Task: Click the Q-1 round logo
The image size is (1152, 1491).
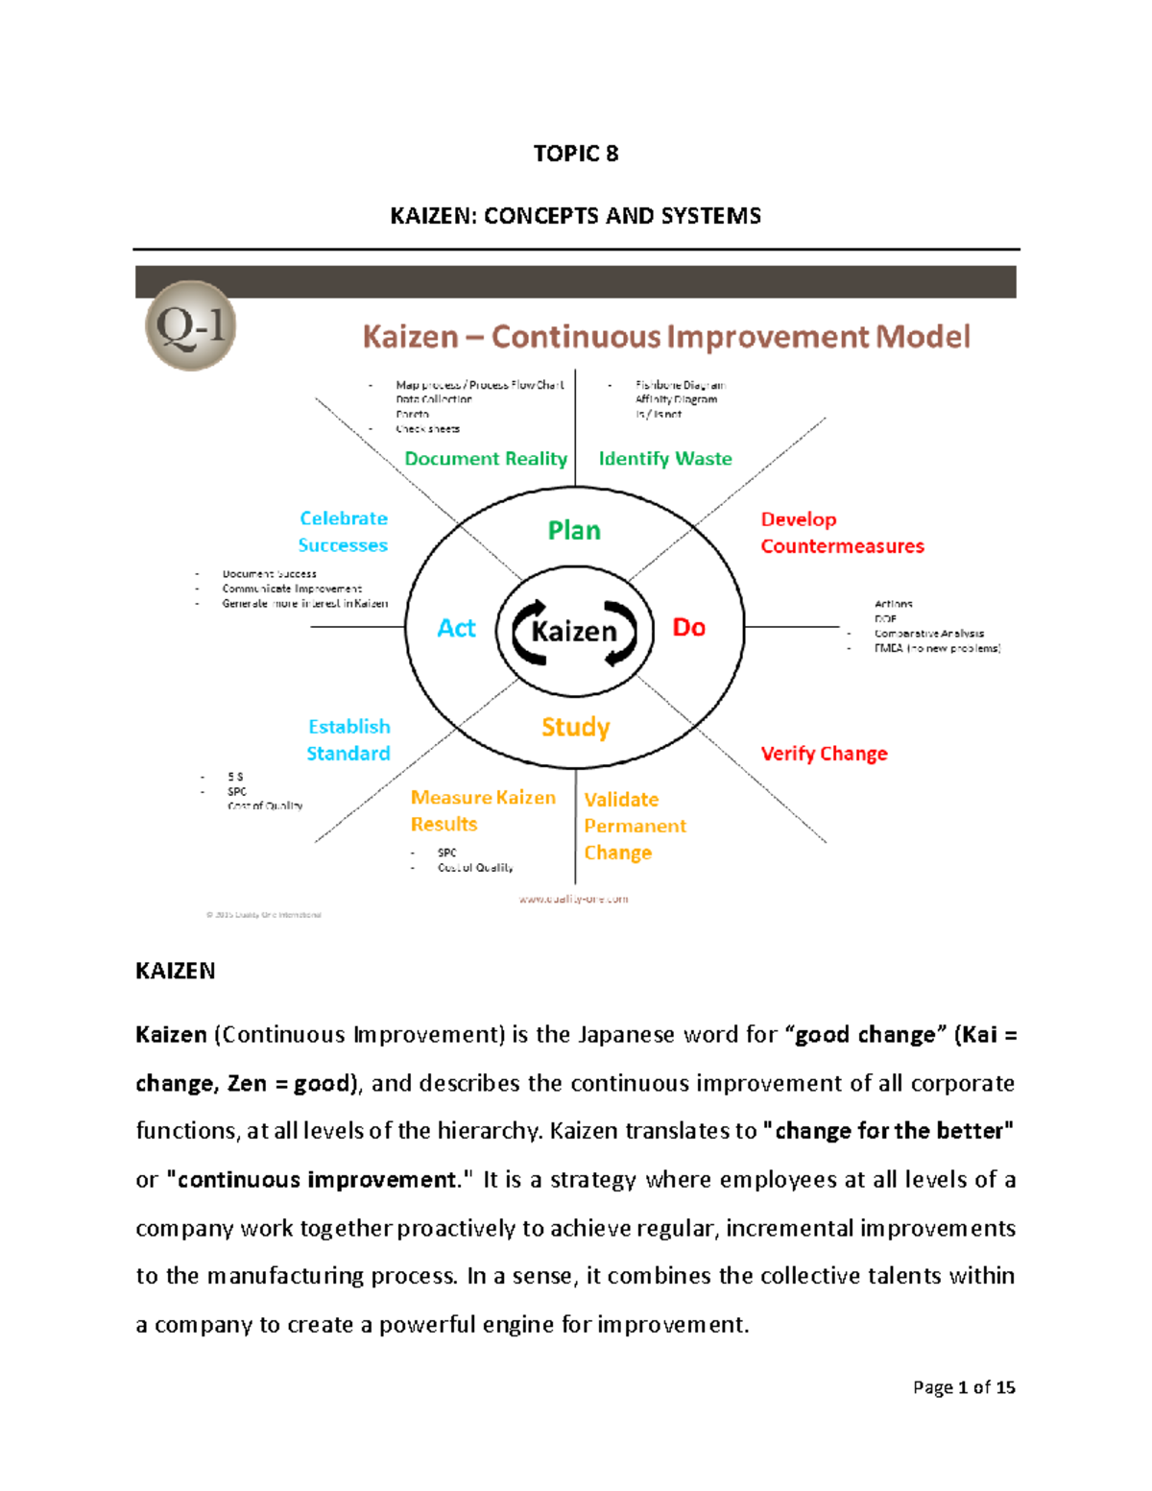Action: pos(190,325)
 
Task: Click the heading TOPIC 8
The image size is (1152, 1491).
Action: pos(575,154)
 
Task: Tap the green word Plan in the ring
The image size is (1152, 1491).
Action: pos(574,530)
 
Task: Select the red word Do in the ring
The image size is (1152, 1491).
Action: pos(688,628)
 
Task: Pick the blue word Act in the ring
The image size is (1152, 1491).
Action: pos(456,628)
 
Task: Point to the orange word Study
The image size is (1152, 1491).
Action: pos(575,727)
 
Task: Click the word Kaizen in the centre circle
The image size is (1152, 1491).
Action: pos(574,631)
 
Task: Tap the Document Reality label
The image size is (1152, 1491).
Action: pos(486,459)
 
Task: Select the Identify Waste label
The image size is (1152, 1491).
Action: pos(665,459)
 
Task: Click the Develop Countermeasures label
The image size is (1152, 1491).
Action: pos(841,533)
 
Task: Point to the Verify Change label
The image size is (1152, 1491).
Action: pos(824,754)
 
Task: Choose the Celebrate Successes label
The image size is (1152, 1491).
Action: pos(344,532)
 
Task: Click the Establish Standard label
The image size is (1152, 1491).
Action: pos(348,740)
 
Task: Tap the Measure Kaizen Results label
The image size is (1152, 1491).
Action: pos(483,811)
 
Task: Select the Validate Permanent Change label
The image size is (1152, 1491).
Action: pos(634,826)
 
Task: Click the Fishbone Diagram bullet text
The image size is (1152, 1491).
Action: pos(680,385)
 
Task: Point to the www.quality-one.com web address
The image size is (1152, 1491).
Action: pos(573,900)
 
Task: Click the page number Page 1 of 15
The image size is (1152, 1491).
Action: pos(963,1387)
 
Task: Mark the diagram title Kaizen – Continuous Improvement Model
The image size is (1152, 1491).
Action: pos(666,337)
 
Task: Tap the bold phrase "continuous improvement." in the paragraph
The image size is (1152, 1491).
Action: pos(319,1180)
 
